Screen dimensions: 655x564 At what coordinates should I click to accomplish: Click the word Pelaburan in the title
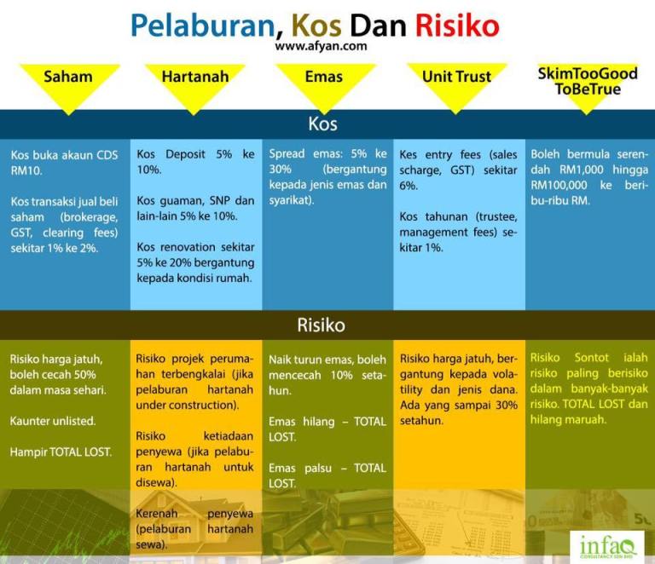click(x=204, y=26)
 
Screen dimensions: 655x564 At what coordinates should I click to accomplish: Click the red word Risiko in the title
click(x=457, y=26)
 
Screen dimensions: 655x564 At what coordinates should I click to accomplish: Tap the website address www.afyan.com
click(x=321, y=46)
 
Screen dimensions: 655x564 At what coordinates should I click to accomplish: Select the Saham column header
click(x=68, y=77)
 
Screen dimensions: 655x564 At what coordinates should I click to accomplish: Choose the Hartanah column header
click(x=195, y=77)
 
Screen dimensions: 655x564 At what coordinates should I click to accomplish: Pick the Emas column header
click(x=324, y=77)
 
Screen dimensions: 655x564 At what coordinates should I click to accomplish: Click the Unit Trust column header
click(x=456, y=77)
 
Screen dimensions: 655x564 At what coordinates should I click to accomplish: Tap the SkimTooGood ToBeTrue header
click(x=588, y=81)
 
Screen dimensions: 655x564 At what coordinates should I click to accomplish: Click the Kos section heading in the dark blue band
click(x=323, y=124)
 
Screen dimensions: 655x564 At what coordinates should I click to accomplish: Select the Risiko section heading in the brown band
click(x=322, y=325)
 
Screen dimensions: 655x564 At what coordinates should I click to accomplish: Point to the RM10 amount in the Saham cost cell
click(x=26, y=170)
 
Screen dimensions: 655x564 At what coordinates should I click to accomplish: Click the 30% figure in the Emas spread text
click(x=280, y=170)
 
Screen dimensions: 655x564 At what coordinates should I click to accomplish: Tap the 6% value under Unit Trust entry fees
click(x=409, y=186)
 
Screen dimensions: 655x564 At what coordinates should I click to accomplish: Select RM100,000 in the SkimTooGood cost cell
click(x=559, y=185)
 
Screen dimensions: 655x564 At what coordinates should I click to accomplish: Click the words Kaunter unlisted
click(x=53, y=421)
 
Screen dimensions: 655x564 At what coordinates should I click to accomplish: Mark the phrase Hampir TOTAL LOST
click(x=61, y=452)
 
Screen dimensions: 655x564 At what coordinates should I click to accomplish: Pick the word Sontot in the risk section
click(x=592, y=358)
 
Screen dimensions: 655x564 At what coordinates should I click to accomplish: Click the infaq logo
click(x=607, y=545)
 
